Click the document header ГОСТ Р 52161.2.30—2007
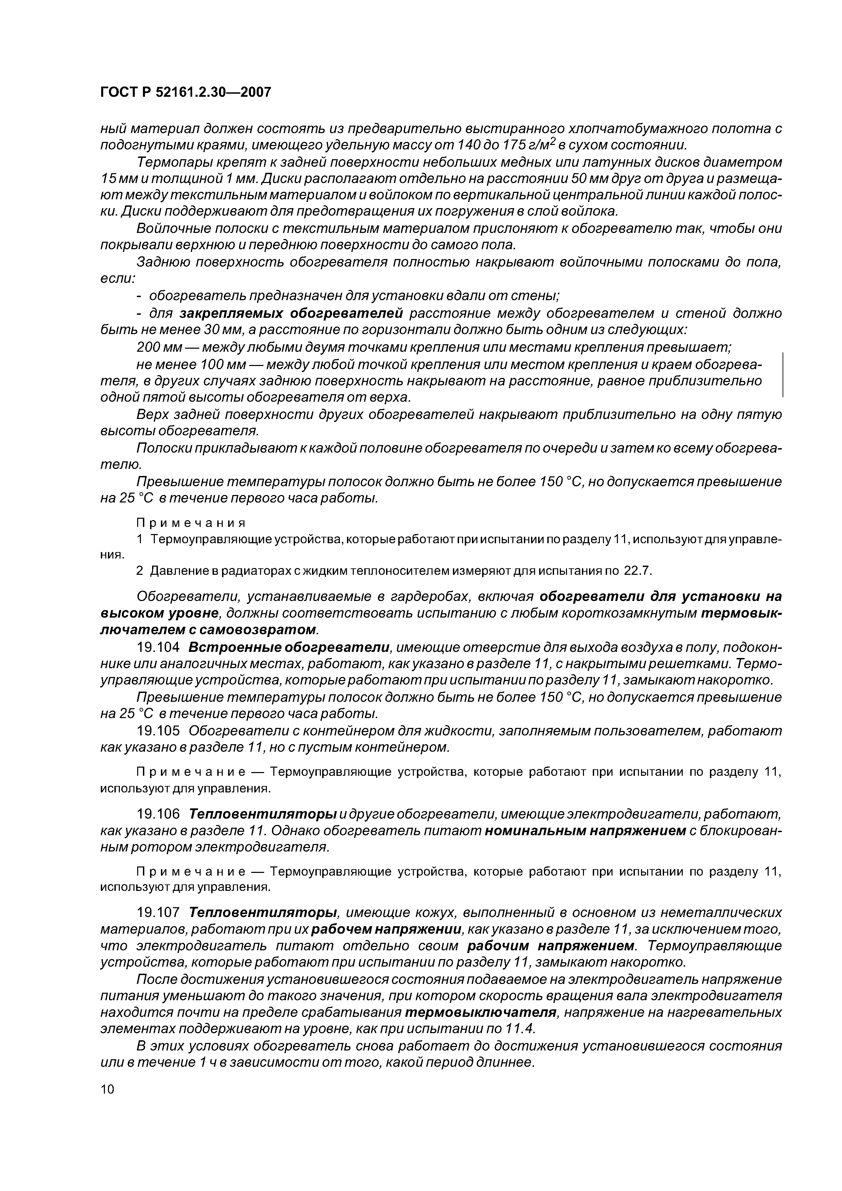coord(185,93)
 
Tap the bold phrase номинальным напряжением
coord(585,831)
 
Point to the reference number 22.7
coord(637,571)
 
